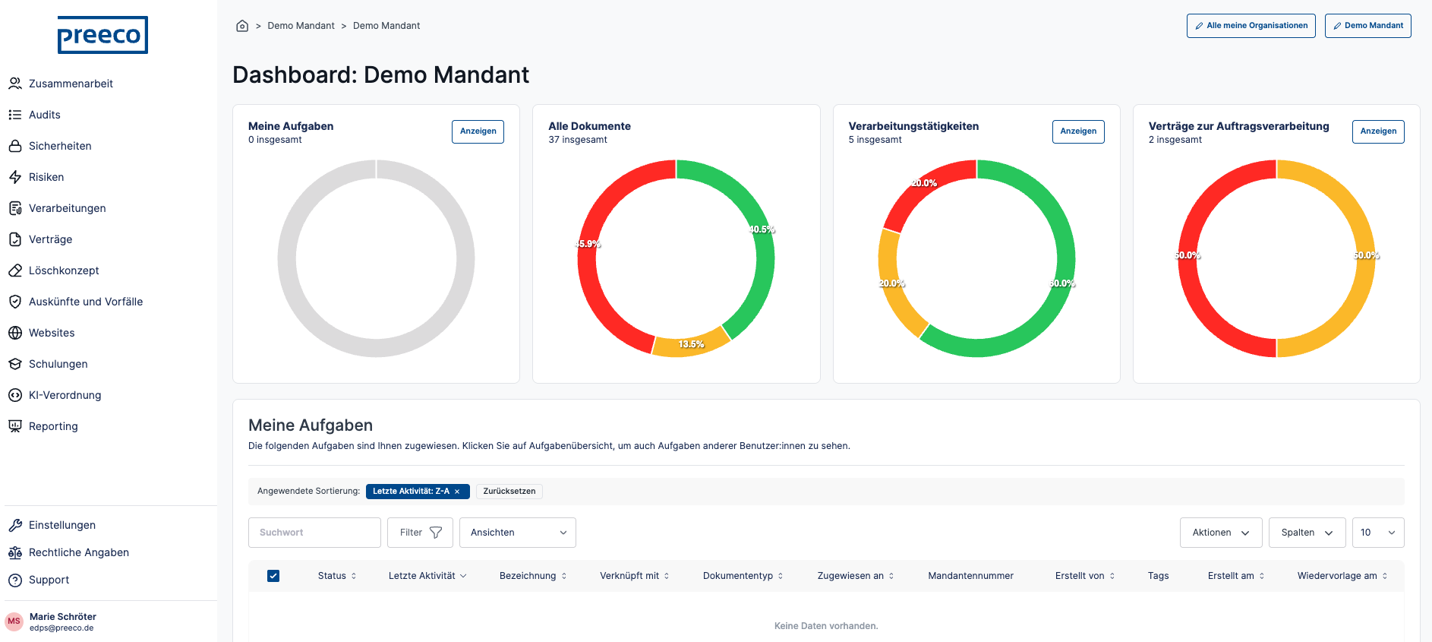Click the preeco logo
(x=103, y=35)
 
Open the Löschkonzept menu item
(x=64, y=270)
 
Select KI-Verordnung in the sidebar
(x=65, y=395)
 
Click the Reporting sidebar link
(x=53, y=426)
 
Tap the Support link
(x=49, y=580)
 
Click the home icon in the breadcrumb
(x=242, y=26)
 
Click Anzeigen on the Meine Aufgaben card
(x=478, y=131)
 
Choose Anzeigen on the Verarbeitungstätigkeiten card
(x=1078, y=131)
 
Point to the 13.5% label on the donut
(x=691, y=344)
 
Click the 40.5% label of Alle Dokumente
(x=762, y=229)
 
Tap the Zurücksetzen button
(x=509, y=492)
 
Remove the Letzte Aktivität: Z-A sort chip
(x=457, y=492)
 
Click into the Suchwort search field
(x=314, y=533)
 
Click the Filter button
(x=420, y=533)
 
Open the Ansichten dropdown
(x=518, y=533)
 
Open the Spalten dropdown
(x=1307, y=533)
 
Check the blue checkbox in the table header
(x=273, y=576)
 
